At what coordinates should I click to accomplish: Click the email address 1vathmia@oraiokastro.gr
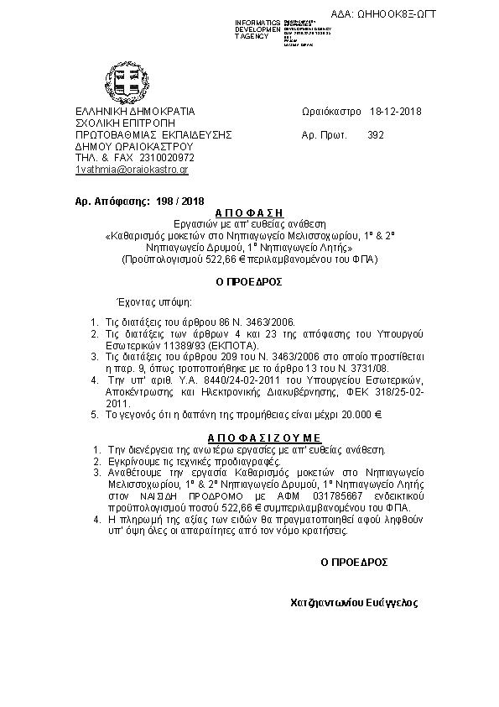[x=132, y=170]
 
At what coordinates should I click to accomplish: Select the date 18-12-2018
[x=395, y=112]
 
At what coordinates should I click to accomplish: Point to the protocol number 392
[x=376, y=134]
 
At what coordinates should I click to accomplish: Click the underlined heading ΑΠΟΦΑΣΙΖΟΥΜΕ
[x=251, y=438]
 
